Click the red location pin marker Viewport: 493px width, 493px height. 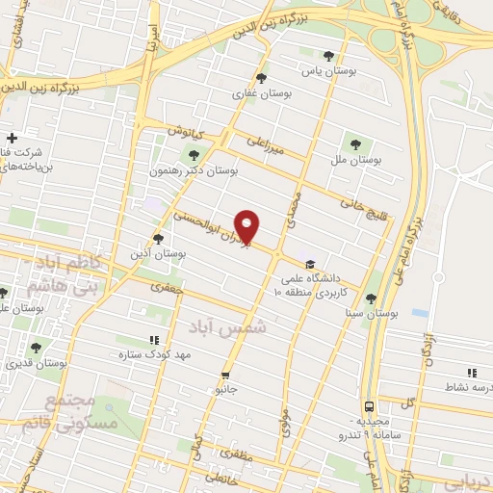click(248, 226)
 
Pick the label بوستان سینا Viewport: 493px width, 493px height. click(370, 313)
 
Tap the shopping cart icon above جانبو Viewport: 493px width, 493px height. click(225, 375)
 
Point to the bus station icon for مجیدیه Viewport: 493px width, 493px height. click(370, 406)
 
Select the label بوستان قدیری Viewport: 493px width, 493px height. click(32, 363)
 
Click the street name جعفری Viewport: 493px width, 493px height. click(164, 285)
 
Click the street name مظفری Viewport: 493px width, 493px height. click(235, 452)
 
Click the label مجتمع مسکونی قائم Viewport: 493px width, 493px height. click(81, 412)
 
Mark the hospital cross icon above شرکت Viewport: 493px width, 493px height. click(11, 138)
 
